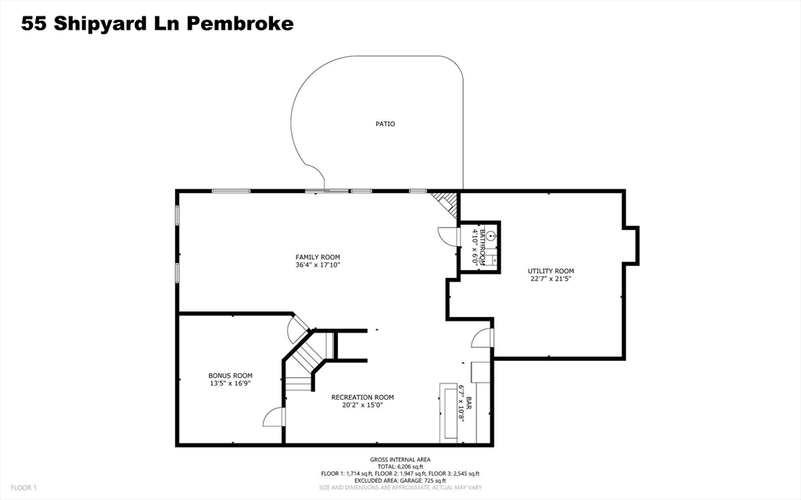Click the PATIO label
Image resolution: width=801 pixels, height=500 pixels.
[385, 124]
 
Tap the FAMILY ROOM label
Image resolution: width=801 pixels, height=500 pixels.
[318, 257]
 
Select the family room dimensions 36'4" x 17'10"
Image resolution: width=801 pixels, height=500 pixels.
[318, 264]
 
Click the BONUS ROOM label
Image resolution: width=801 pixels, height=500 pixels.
[230, 376]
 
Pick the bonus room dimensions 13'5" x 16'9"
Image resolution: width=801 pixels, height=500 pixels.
[230, 383]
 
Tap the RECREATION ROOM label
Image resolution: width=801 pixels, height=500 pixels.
[362, 397]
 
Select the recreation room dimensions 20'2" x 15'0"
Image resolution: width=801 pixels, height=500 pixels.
[362, 405]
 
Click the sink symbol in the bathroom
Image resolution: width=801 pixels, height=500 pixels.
[490, 234]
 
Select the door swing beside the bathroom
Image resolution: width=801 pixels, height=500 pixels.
[446, 236]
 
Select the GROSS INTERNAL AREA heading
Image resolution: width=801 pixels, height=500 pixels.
[400, 459]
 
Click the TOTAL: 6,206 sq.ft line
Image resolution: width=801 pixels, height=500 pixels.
[400, 466]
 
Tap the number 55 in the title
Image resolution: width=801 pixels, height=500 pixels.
[32, 23]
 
